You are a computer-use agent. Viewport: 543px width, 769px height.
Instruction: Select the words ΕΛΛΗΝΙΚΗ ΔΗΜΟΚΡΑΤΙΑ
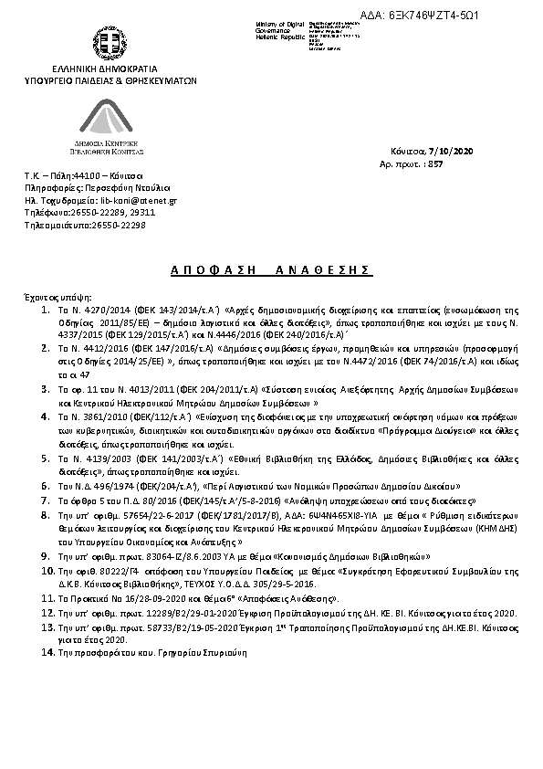(x=105, y=69)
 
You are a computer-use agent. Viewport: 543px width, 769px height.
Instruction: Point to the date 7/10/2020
(x=454, y=151)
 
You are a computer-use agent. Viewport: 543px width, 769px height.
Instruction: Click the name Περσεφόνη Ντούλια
(x=115, y=185)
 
